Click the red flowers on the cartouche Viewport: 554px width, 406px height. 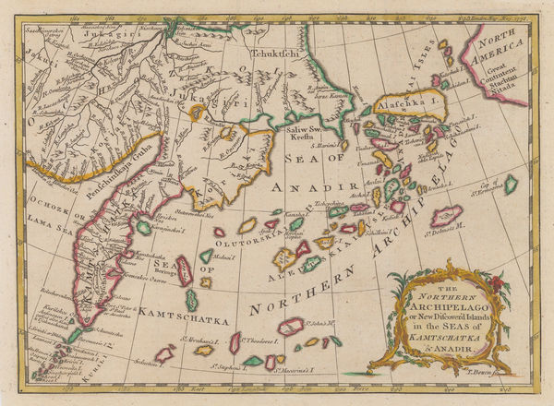498,283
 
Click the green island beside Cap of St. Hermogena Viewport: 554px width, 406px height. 510,185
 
